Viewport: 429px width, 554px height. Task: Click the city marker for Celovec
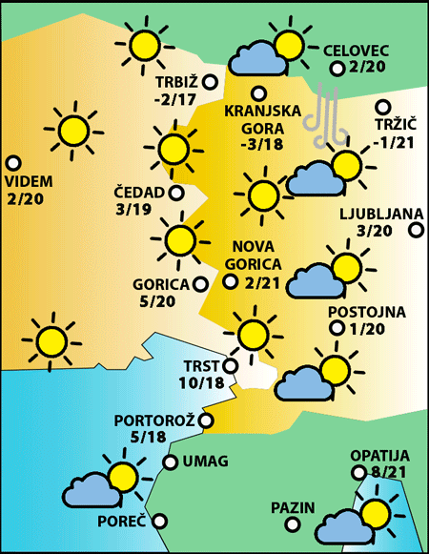337,69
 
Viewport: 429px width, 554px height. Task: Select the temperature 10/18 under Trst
200,382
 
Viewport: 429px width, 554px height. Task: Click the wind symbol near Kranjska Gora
328,113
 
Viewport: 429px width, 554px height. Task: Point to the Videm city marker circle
13,163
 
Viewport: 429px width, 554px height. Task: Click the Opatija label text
379,455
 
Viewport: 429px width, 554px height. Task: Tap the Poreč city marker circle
159,521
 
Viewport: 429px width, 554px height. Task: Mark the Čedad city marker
175,193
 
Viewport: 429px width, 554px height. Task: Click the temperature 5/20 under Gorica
156,301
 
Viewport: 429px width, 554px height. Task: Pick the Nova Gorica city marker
230,281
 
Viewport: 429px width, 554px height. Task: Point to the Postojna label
367,312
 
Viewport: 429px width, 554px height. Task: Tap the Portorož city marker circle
205,420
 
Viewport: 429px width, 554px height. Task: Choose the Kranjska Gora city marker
257,92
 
